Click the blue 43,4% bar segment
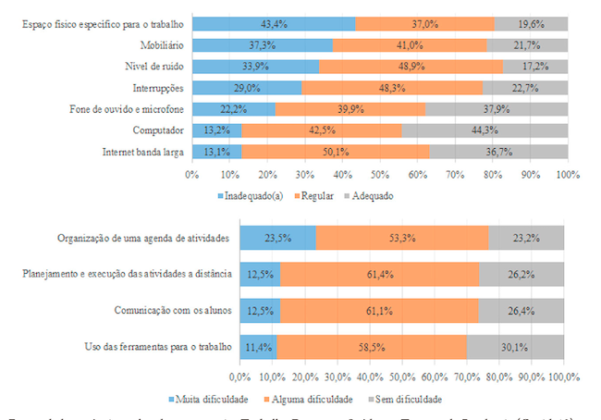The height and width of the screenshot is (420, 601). tap(274, 23)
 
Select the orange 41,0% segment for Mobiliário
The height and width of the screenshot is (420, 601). tap(410, 44)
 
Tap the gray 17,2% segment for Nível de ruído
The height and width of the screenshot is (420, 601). tap(535, 67)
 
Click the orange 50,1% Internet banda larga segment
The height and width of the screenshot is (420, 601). tap(336, 152)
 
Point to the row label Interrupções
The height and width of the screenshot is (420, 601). tap(157, 88)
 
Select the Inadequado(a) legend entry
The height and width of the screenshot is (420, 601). tap(252, 197)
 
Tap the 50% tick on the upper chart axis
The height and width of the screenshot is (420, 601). tap(380, 173)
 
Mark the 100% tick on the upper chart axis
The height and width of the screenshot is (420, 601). tap(567, 173)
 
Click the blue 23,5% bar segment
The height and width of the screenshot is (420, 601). tap(277, 238)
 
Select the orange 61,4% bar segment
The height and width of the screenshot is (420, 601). tap(380, 274)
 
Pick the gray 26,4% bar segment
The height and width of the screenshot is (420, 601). tap(521, 310)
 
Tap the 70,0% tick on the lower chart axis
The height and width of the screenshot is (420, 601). tap(467, 377)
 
